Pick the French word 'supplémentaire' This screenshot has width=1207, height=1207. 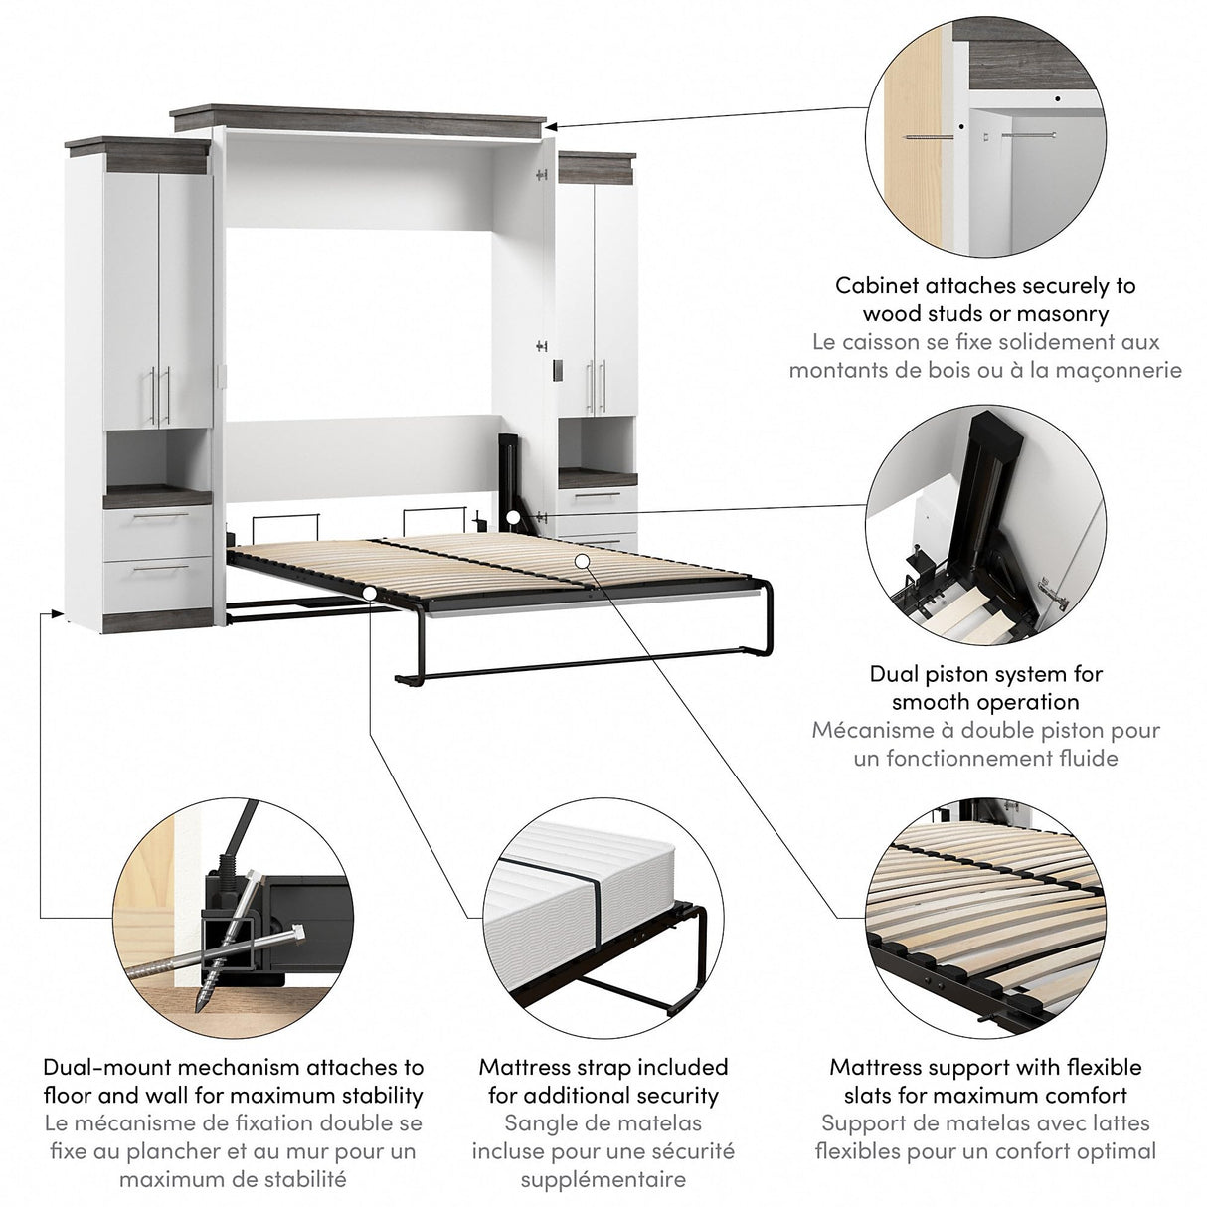(x=603, y=1180)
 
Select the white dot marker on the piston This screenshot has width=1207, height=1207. (x=510, y=517)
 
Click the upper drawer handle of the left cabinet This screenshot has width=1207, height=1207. (x=159, y=517)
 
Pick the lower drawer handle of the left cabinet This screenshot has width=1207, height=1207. (x=159, y=569)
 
